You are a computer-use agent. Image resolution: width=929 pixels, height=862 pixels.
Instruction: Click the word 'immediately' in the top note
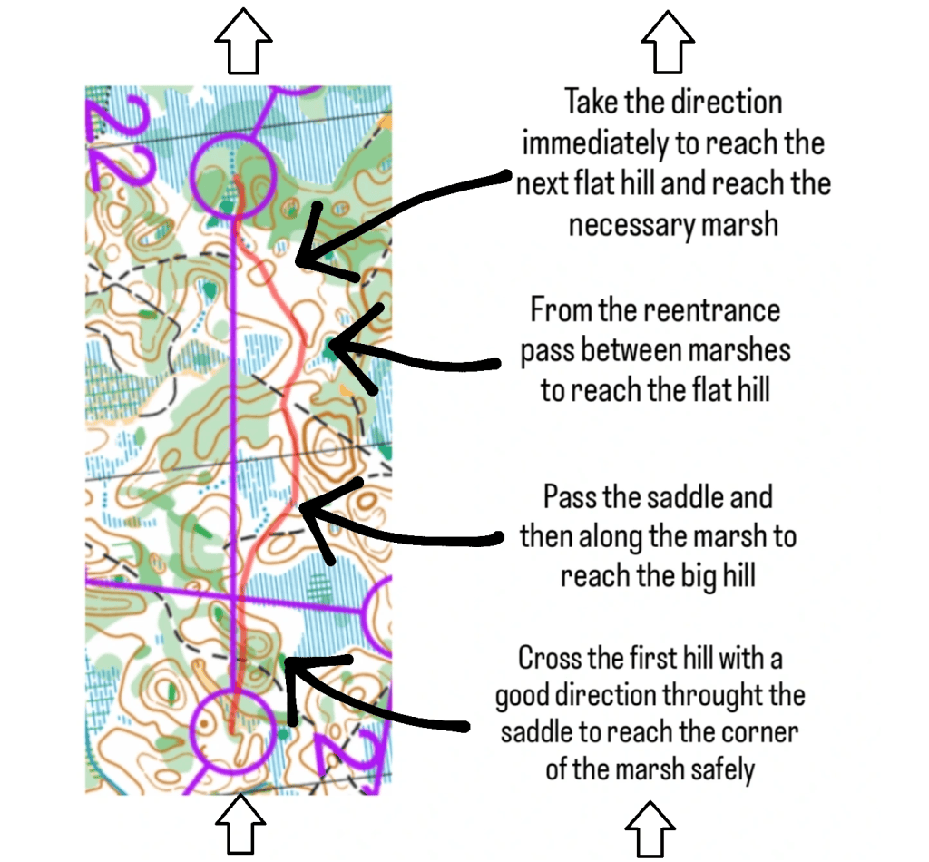(594, 144)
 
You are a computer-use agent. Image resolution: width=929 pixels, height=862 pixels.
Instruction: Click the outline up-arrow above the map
(243, 41)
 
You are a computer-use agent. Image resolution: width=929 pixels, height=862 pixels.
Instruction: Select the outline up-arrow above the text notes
(668, 42)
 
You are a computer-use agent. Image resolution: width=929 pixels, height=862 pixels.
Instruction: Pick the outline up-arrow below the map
(240, 825)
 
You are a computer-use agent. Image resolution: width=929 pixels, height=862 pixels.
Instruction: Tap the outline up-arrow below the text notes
(650, 829)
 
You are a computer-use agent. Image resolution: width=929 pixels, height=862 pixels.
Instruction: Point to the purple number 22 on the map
(122, 142)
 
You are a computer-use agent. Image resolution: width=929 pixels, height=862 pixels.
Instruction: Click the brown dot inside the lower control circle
(205, 724)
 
